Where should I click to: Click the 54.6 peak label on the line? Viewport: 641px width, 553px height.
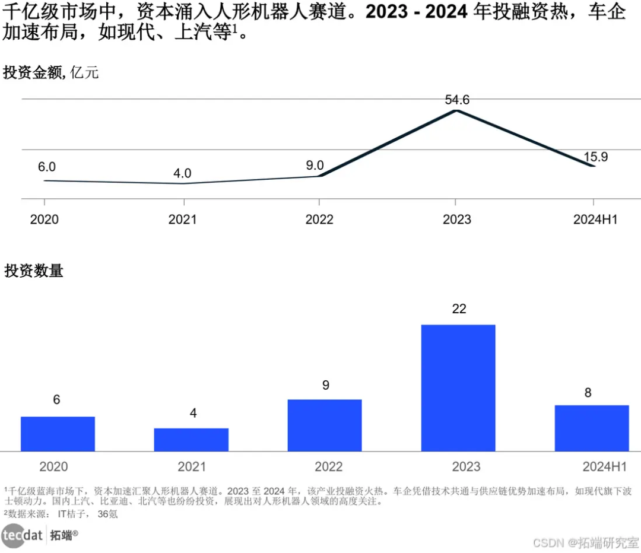(457, 100)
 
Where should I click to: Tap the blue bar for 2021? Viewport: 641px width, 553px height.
(191, 439)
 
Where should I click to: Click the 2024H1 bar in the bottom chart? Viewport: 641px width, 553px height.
(591, 428)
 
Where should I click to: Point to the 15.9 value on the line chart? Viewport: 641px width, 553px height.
(595, 157)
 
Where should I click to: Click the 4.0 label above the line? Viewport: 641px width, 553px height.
(182, 173)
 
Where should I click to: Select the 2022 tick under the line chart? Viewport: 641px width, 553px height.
(319, 220)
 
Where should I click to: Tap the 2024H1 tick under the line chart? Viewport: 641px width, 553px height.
(595, 220)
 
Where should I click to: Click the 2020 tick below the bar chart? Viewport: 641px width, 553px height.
(53, 467)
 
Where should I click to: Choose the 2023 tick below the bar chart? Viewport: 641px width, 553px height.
(466, 467)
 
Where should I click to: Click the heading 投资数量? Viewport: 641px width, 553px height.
(33, 271)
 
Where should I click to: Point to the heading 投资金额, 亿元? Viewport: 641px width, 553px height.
(51, 73)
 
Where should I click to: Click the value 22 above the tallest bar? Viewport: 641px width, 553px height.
(459, 309)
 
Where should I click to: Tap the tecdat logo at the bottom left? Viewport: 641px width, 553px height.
(23, 535)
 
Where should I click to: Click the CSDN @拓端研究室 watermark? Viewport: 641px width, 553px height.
(585, 542)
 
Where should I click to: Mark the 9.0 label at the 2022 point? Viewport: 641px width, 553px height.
(315, 166)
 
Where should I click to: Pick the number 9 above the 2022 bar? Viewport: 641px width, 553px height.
(325, 385)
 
